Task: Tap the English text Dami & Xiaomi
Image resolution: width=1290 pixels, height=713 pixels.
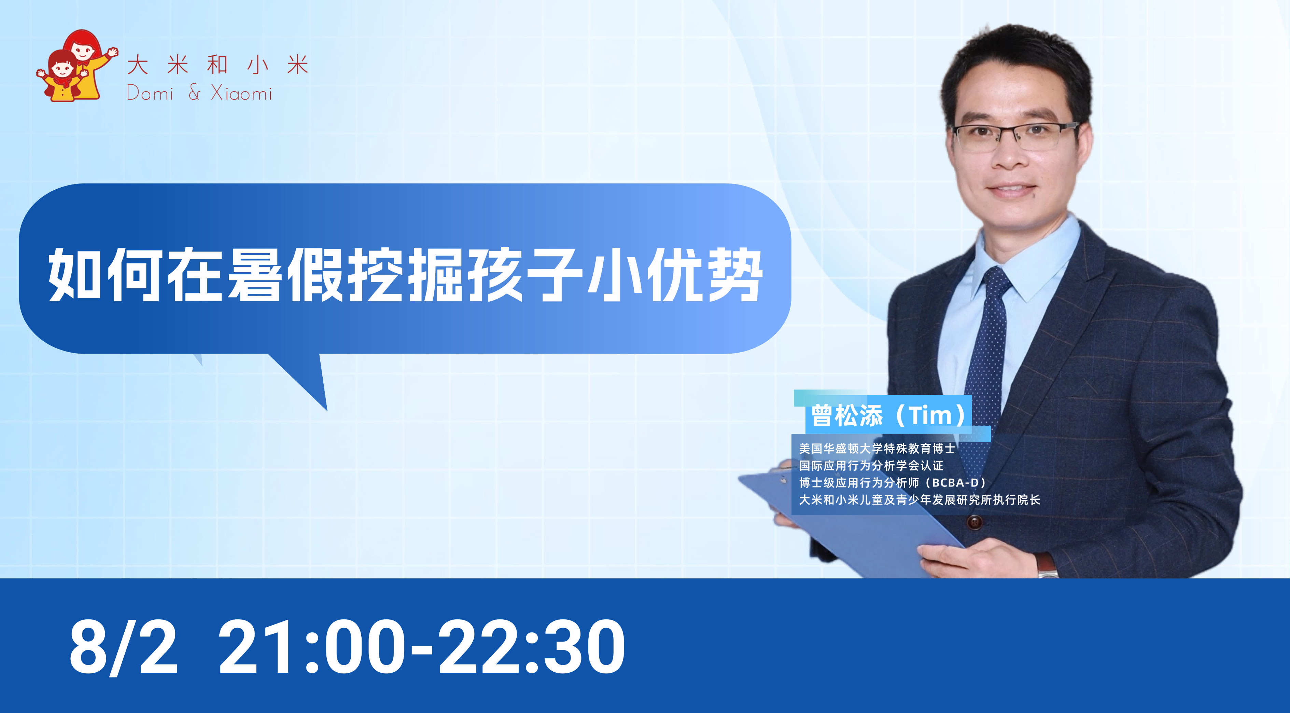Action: coord(199,93)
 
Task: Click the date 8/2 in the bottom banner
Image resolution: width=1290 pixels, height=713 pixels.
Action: coord(123,647)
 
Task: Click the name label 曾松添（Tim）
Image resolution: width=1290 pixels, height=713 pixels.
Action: coord(888,415)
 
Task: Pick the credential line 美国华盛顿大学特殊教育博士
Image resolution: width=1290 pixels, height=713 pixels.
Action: coord(877,449)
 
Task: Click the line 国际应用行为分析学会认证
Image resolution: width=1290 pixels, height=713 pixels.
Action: coord(871,465)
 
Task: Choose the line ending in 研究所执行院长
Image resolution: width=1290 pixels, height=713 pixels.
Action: coord(920,499)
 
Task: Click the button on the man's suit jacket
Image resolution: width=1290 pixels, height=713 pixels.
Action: coord(974,522)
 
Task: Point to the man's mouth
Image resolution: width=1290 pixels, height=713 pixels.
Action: coord(1011,189)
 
